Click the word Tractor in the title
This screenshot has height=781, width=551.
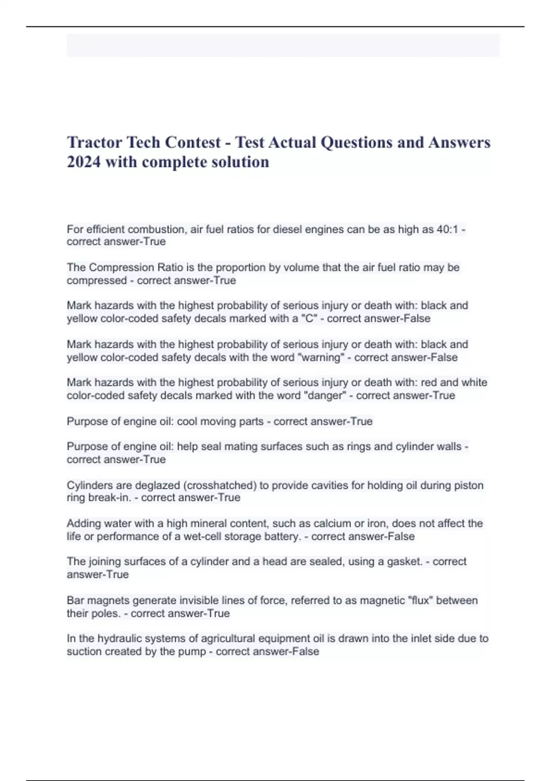coord(95,143)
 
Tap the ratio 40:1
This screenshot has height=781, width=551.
coord(447,229)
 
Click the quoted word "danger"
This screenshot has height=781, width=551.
coord(324,396)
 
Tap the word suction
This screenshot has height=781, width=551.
coord(84,651)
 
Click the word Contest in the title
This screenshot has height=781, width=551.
coord(193,143)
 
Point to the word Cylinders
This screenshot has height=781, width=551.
coord(90,485)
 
